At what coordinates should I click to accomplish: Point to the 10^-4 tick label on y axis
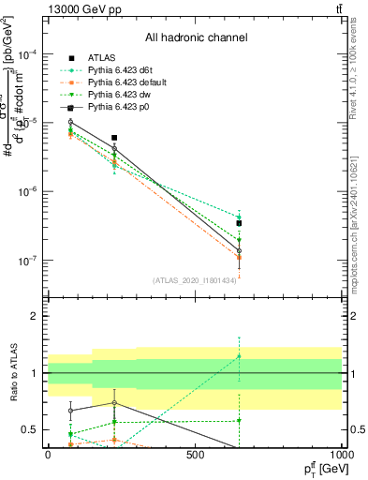26,54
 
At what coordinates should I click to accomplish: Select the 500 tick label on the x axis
195,455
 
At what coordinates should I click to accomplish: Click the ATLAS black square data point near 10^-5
114,137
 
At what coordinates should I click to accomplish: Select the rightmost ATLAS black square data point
240,223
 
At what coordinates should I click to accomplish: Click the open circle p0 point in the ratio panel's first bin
71,410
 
